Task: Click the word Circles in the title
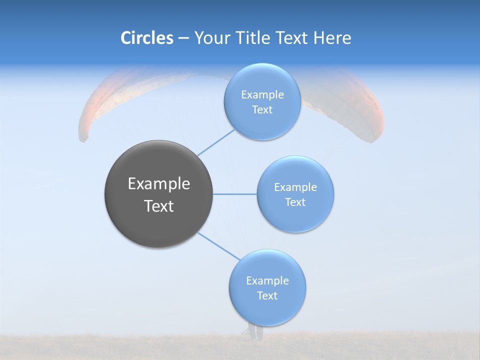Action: tap(147, 38)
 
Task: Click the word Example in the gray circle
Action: tap(158, 184)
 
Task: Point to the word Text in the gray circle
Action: tap(158, 206)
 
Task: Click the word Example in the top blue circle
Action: tap(262, 95)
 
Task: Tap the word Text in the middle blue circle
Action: tap(295, 202)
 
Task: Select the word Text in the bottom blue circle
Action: tap(267, 296)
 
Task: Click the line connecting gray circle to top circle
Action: tap(216, 142)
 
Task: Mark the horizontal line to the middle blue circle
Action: tap(235, 194)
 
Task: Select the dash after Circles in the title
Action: tap(183, 38)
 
